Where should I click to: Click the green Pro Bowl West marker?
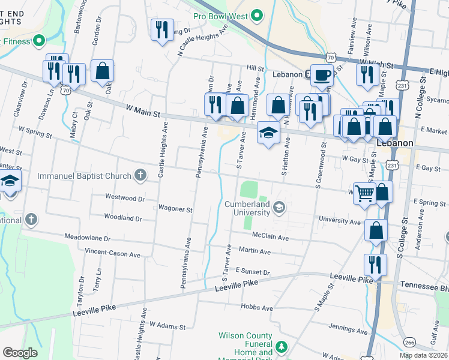258,15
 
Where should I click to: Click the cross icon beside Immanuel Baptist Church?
140,176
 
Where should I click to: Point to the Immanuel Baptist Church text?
84,176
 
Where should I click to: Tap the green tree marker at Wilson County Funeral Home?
280,347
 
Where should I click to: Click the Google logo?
20,353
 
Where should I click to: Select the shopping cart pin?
364,194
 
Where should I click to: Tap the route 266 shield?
409,342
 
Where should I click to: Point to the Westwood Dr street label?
125,197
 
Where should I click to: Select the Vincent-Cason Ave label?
112,253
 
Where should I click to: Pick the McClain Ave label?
270,237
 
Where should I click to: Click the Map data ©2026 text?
423,355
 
